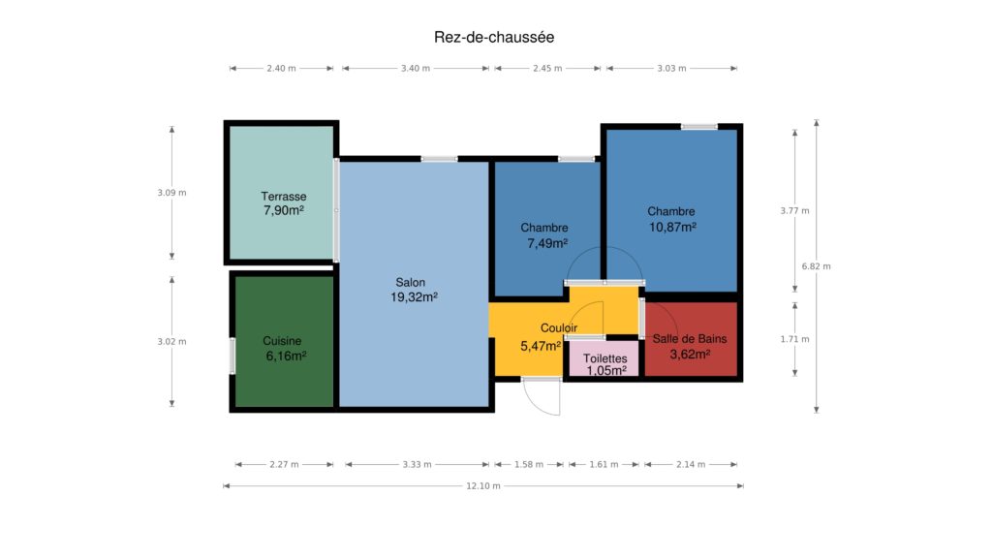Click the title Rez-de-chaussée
[494, 38]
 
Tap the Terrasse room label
[284, 197]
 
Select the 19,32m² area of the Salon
[414, 297]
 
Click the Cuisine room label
[282, 341]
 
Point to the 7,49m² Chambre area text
[547, 243]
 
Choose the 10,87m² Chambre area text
[672, 227]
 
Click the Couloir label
[559, 327]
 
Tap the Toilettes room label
[605, 358]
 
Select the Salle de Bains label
[690, 338]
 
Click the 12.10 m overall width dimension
[483, 486]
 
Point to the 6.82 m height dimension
[816, 266]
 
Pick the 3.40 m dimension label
[416, 69]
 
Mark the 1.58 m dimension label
[529, 464]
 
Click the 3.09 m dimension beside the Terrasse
[172, 193]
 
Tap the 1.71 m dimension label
[794, 339]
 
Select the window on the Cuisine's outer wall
[232, 356]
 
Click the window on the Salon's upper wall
[439, 159]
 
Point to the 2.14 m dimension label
[691, 464]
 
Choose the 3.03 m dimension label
[672, 69]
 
